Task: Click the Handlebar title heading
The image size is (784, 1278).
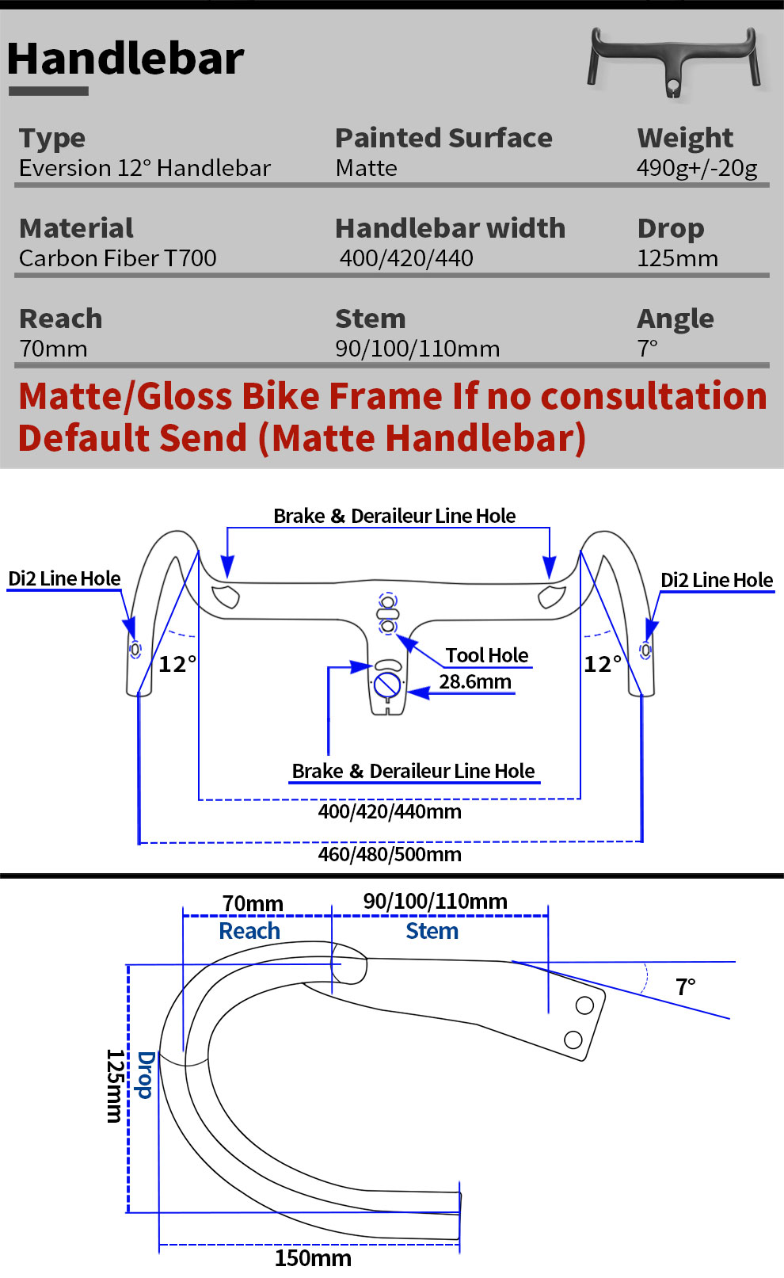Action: point(125,59)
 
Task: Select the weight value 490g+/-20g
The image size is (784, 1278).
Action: point(697,168)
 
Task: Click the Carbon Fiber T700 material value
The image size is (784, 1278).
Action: point(118,258)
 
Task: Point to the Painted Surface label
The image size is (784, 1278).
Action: point(443,138)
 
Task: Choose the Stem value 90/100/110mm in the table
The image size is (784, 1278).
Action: point(417,349)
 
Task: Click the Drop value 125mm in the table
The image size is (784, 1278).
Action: point(678,258)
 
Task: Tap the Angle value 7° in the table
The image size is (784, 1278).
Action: point(648,349)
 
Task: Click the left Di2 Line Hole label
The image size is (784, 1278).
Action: point(64,578)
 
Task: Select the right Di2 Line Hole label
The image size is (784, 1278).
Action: point(717,580)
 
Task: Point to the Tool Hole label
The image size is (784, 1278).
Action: point(487,655)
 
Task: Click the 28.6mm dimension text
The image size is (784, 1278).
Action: point(475,681)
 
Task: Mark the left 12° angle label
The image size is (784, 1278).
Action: point(177,664)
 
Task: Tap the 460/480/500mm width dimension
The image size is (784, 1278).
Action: point(390,854)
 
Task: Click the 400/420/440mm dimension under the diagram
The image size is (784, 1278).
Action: point(390,811)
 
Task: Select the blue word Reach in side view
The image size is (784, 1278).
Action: point(249,931)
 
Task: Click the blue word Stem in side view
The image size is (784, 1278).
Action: point(432,931)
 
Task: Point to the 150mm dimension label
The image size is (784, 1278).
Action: point(313,1258)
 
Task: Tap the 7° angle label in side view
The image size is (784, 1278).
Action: point(686,987)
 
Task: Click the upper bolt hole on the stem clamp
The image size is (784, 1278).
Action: point(584,1005)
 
